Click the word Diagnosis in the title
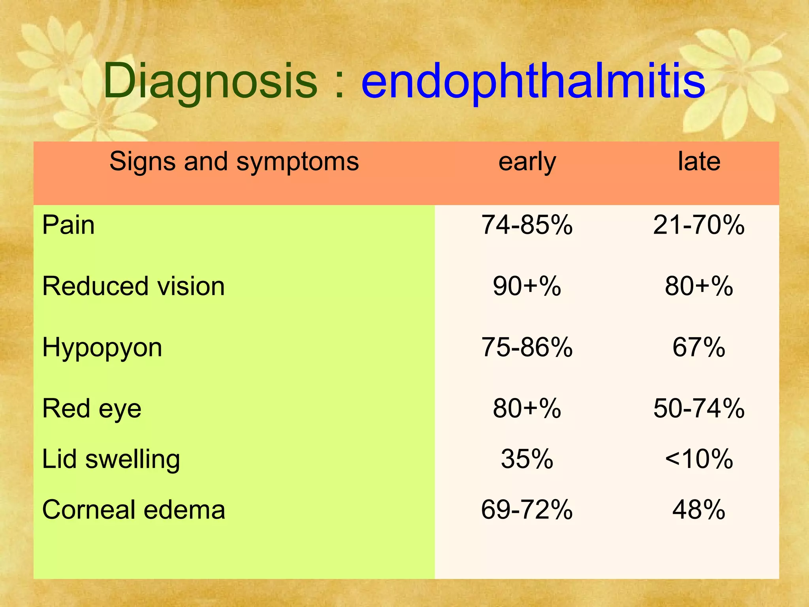point(210,81)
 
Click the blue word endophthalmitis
point(533,81)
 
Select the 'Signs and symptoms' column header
point(234,162)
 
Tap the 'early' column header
point(527,162)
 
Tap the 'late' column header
point(699,162)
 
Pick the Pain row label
point(68,225)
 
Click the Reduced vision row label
point(134,286)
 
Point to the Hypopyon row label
point(102,348)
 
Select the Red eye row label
point(92,409)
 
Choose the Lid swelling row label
point(111,459)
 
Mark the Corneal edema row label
point(134,510)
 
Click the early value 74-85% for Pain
point(527,225)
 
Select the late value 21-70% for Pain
point(699,225)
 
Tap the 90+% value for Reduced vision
point(527,286)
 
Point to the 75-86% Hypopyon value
point(527,348)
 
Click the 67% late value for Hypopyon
point(699,348)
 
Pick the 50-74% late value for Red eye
point(699,409)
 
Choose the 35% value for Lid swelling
point(527,459)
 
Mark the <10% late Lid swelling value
point(699,459)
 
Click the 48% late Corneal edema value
point(699,510)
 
